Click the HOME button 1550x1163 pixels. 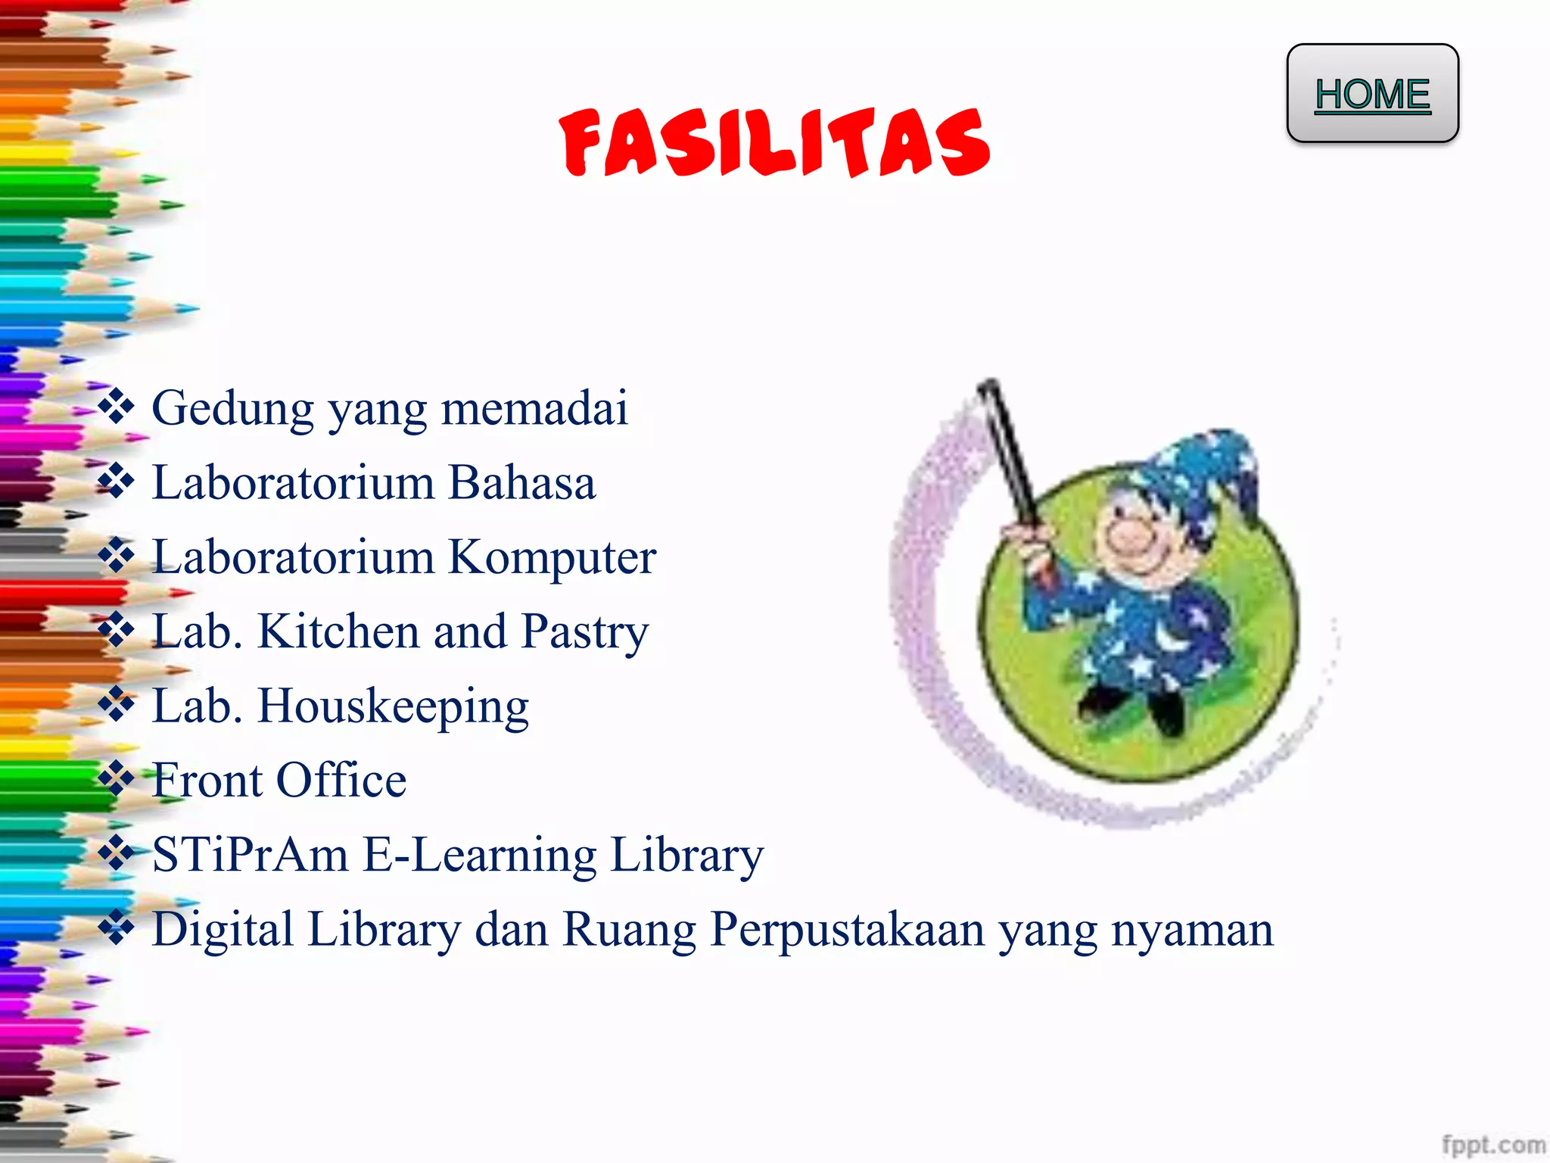click(x=1372, y=94)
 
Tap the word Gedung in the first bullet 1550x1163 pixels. click(x=232, y=409)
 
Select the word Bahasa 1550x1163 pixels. click(x=521, y=483)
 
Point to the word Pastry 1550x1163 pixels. click(x=584, y=631)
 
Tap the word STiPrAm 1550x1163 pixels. click(x=250, y=855)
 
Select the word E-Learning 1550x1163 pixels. click(x=480, y=855)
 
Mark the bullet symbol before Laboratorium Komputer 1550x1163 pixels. click(x=117, y=555)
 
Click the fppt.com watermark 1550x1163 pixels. click(x=1492, y=1144)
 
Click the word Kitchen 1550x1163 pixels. click(x=338, y=631)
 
